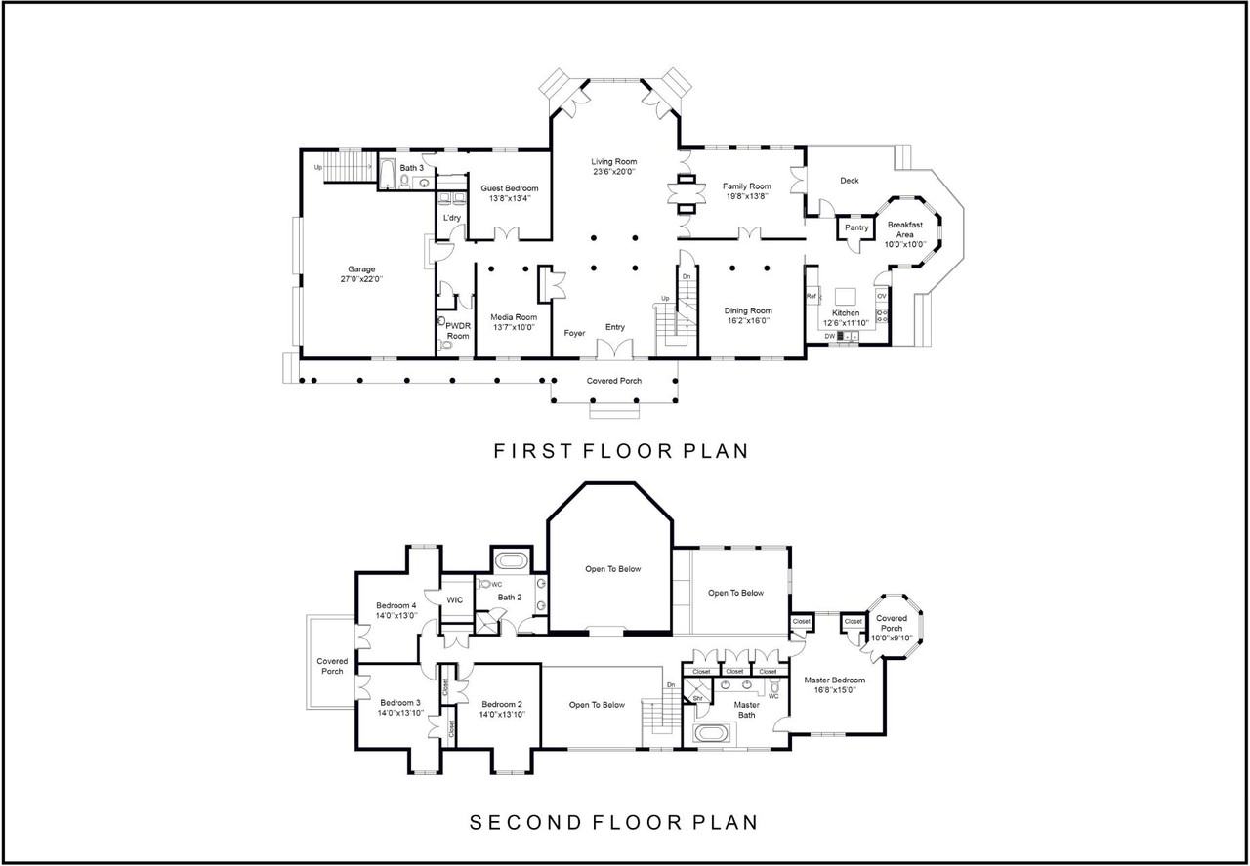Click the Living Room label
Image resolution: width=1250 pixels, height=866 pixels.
pos(614,162)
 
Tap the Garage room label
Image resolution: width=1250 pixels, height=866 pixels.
pos(361,268)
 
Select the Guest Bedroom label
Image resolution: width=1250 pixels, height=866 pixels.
pos(510,188)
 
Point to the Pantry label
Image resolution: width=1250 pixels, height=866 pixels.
pos(856,227)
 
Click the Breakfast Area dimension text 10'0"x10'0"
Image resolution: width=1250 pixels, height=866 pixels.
pos(905,244)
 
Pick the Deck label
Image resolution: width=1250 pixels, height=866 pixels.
pos(850,181)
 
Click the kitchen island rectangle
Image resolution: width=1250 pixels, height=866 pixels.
pos(846,296)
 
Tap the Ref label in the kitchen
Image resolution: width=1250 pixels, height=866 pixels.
pos(812,296)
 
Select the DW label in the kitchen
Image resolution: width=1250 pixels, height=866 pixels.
pos(830,336)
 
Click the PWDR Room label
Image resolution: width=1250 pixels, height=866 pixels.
pos(458,331)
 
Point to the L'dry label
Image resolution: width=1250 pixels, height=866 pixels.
pos(452,218)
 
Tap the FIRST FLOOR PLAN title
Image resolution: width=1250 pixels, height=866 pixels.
pos(621,451)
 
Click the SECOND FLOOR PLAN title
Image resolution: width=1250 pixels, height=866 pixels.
pos(614,822)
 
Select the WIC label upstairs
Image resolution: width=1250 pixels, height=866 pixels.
pos(455,600)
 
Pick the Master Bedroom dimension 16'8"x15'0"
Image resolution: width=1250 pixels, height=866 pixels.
pos(835,689)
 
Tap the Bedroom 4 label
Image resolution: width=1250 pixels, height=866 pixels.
pos(396,605)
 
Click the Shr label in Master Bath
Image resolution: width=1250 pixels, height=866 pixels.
pos(697,698)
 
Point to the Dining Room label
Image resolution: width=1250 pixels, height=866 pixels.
pos(748,310)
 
